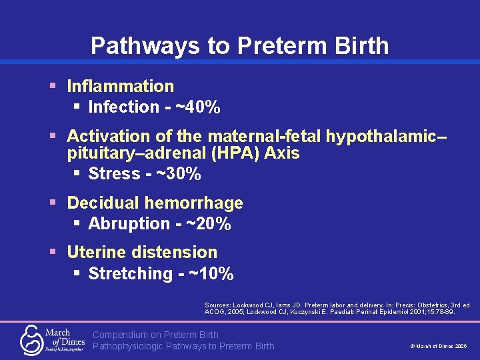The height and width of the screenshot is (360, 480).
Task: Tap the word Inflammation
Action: tap(120, 86)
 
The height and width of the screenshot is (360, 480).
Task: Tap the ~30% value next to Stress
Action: tap(178, 174)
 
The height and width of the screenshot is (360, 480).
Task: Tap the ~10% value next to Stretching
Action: tap(211, 273)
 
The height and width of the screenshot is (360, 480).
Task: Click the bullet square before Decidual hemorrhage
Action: tap(53, 202)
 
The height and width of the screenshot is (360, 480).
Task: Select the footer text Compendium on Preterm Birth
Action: tap(155, 335)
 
